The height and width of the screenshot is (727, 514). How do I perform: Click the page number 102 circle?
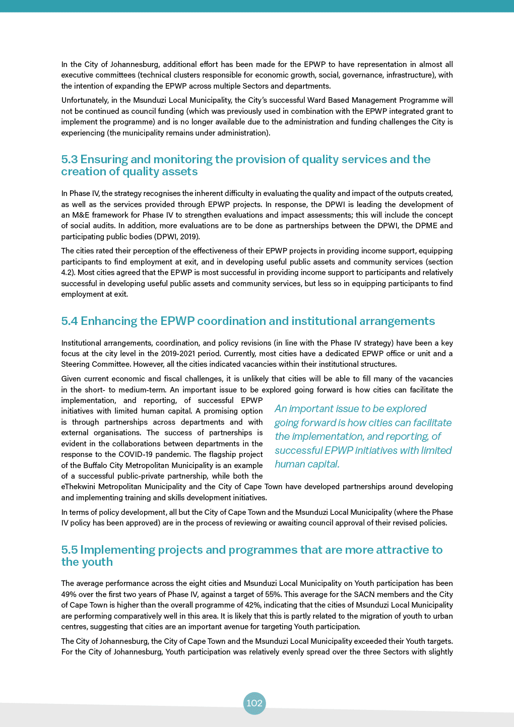pyautogui.click(x=254, y=703)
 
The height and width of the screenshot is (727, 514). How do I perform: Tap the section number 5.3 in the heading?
pyautogui.click(x=70, y=160)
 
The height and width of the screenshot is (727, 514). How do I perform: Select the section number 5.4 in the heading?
pyautogui.click(x=70, y=321)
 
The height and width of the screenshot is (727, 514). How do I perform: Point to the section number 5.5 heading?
pyautogui.click(x=70, y=550)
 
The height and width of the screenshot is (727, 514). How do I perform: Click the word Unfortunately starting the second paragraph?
pyautogui.click(x=83, y=100)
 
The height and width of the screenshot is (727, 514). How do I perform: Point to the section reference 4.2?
pyautogui.click(x=68, y=273)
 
